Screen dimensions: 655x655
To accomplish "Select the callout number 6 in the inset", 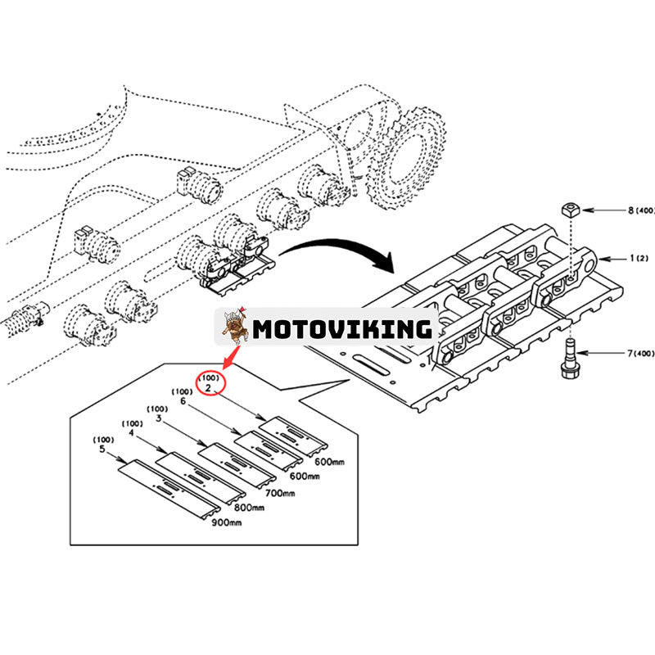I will (183, 402).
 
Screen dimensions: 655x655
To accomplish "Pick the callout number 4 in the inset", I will (129, 435).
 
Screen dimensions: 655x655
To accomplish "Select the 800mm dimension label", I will (249, 508).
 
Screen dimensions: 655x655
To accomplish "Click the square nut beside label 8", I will (570, 210).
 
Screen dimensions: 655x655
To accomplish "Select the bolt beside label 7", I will (567, 361).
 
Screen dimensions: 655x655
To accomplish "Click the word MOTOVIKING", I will (341, 329).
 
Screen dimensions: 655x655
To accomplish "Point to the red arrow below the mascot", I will (230, 358).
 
